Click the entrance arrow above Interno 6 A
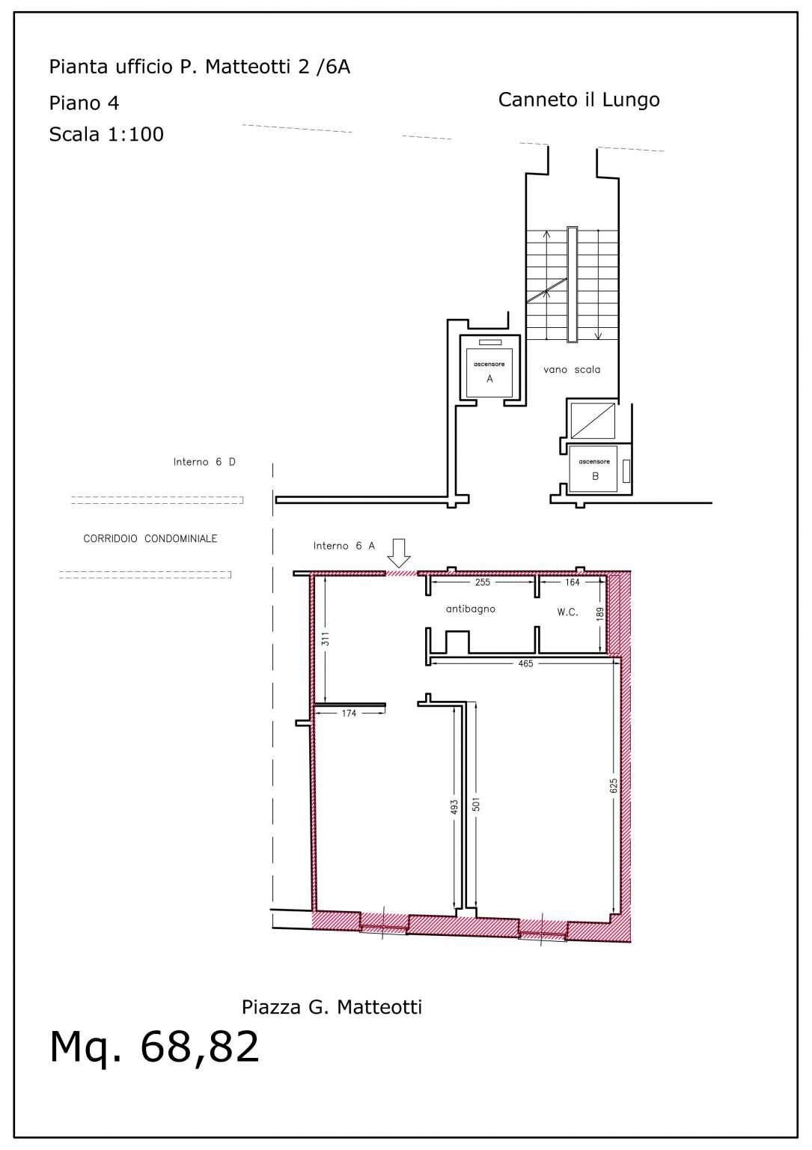coord(400,552)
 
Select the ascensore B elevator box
coord(594,469)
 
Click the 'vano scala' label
coord(572,369)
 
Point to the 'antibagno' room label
coord(470,609)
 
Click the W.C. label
coord(567,612)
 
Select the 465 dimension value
coord(525,663)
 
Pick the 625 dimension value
coord(614,786)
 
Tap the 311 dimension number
coord(325,640)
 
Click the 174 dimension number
coord(349,714)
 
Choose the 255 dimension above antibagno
coord(483,582)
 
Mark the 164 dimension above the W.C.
coord(573,582)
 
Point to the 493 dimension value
coord(454,806)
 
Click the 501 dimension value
coord(476,804)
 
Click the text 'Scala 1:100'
coord(106,134)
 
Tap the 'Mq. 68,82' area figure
coord(154,1046)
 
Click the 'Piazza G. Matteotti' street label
coord(332,1007)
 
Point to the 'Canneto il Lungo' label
coord(579,100)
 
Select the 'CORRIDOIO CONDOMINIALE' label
coord(150,538)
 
